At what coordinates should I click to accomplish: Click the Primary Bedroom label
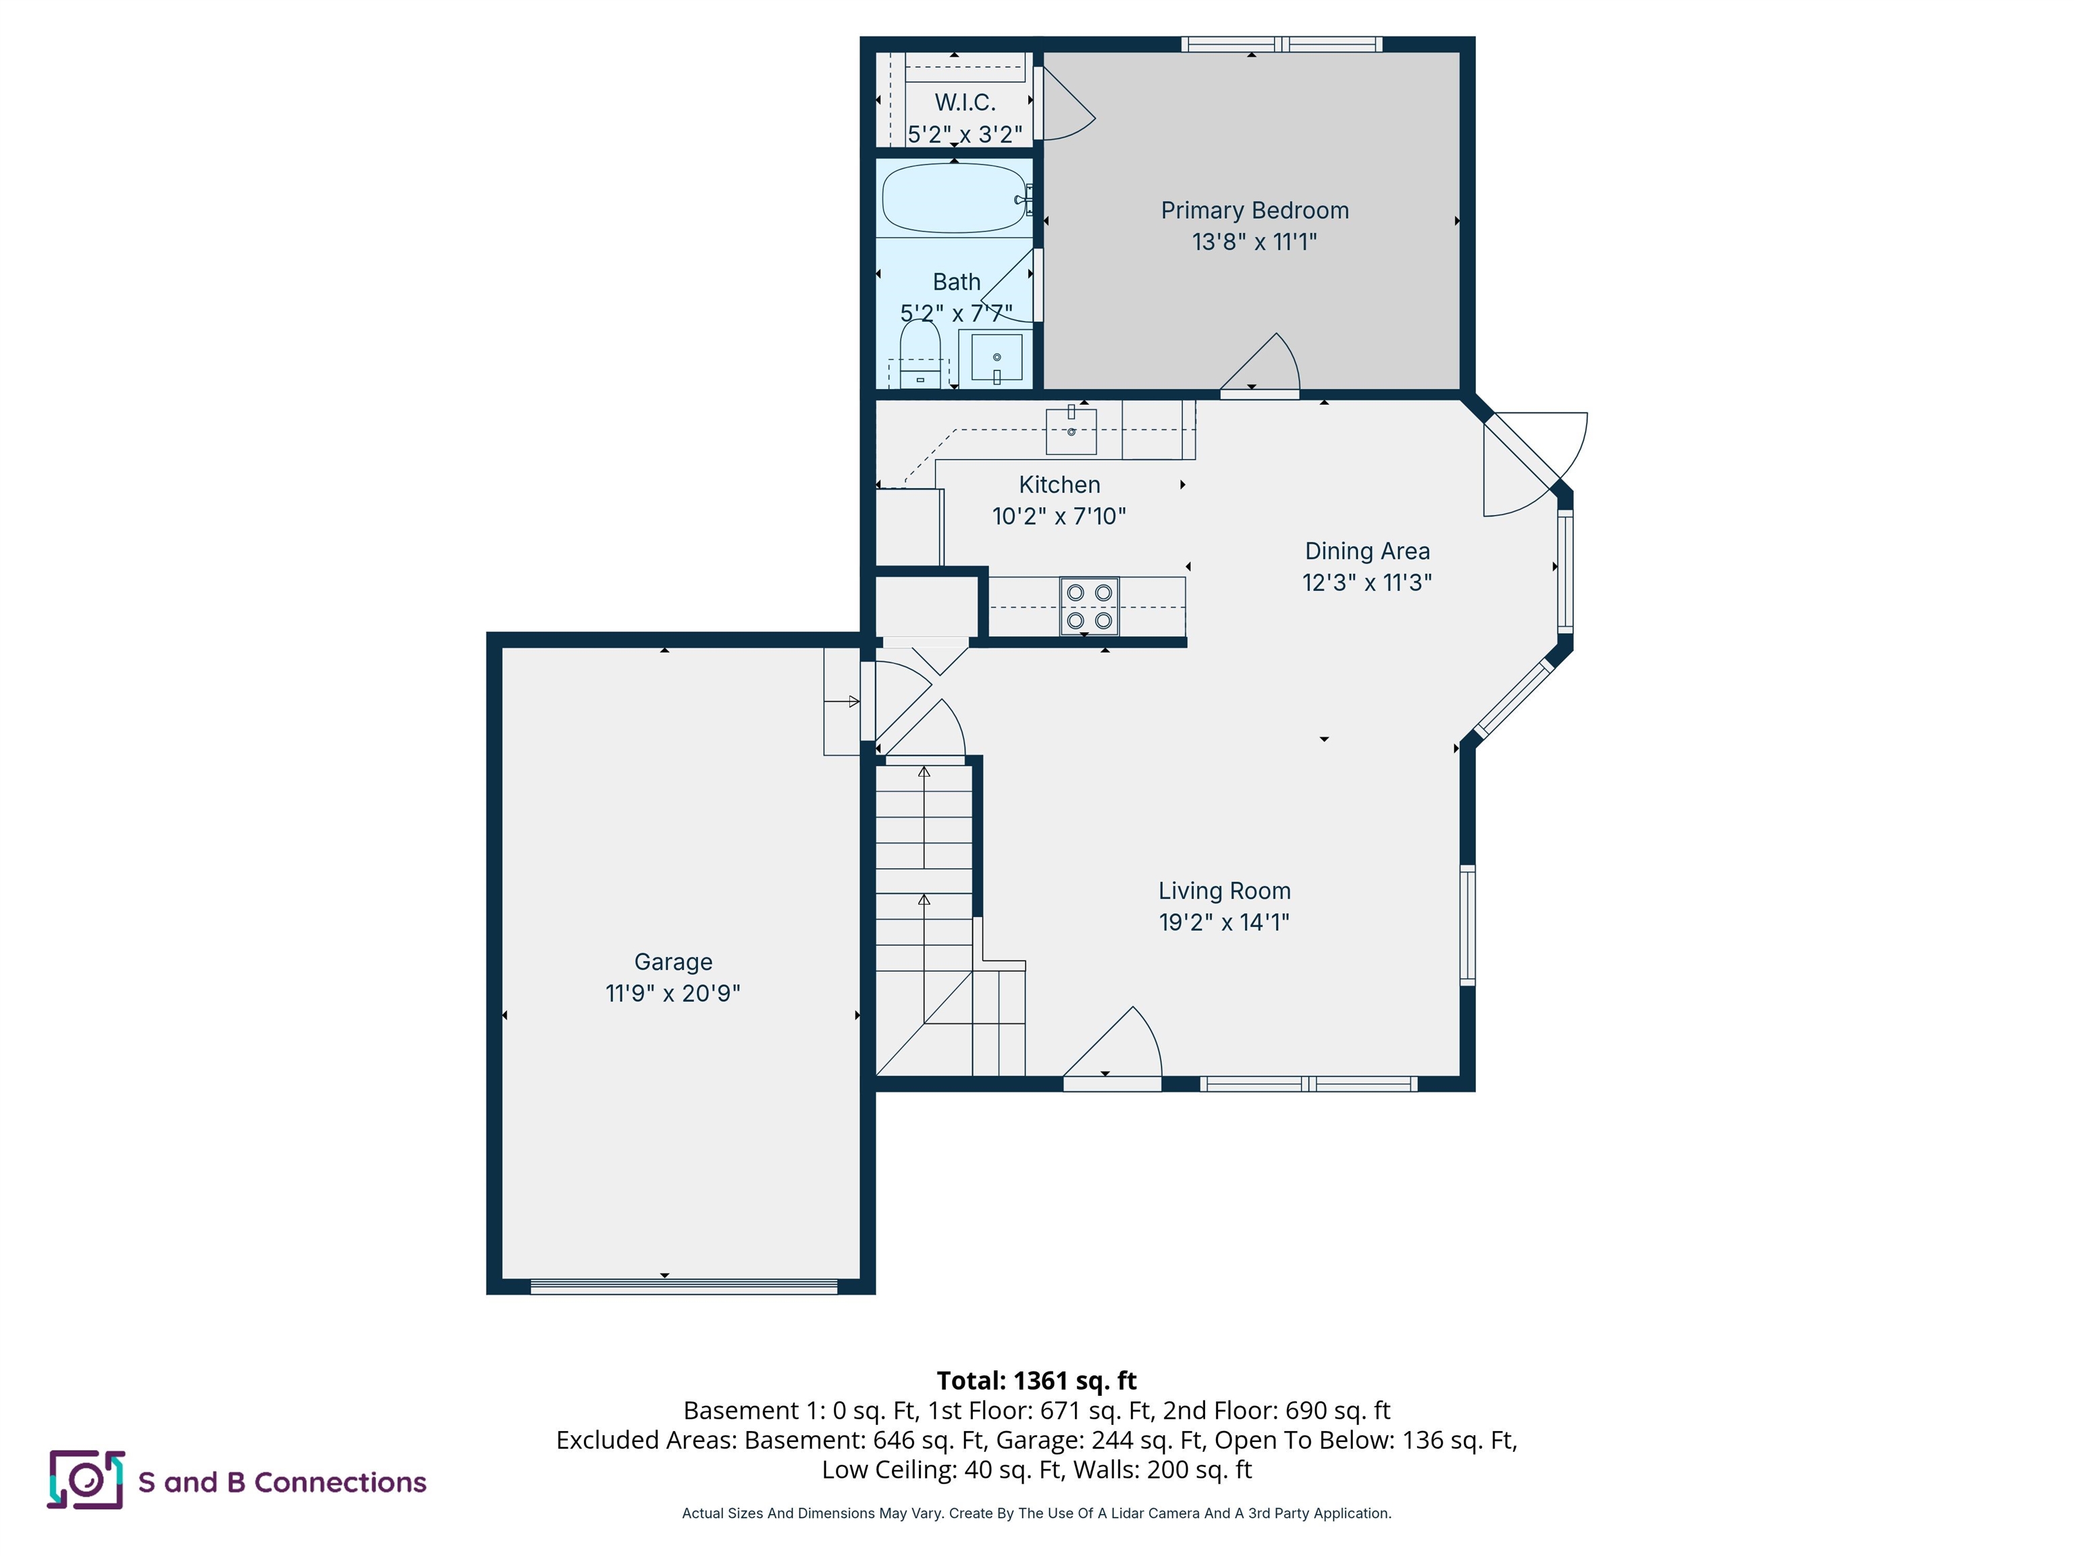[x=1254, y=211]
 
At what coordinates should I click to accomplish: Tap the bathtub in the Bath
[x=955, y=199]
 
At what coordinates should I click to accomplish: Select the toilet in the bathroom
[x=920, y=355]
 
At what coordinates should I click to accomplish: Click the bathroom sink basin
[x=996, y=357]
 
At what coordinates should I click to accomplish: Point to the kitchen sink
[x=1071, y=432]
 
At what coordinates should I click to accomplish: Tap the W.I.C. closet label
[x=965, y=102]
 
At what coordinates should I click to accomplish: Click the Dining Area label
[x=1367, y=552]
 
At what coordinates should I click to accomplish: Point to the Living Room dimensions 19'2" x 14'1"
[x=1223, y=922]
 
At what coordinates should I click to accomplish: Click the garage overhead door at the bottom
[x=683, y=1287]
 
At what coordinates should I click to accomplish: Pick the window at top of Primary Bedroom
[x=1281, y=44]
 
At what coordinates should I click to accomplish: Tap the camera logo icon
[x=85, y=1480]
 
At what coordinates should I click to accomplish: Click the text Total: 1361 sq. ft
[x=1036, y=1380]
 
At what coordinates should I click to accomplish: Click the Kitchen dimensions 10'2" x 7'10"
[x=1059, y=516]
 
